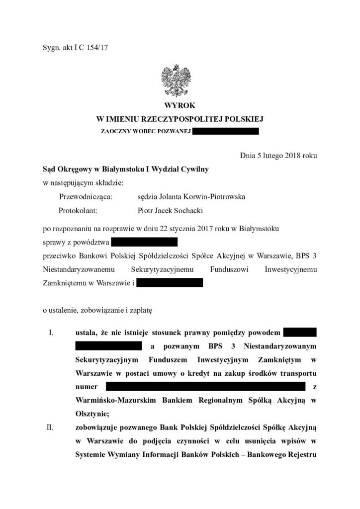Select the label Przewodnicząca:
point(86,197)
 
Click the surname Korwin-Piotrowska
point(214,197)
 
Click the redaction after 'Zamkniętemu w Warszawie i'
point(169,283)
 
